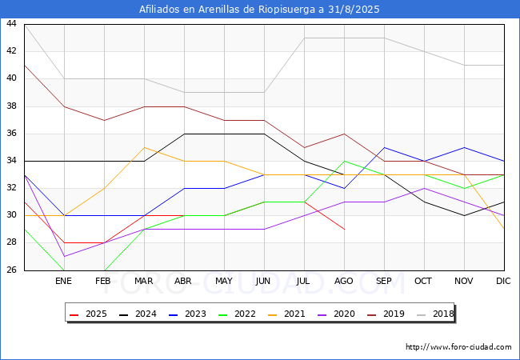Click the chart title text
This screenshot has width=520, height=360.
coord(259,10)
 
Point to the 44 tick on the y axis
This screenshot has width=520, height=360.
coord(11,24)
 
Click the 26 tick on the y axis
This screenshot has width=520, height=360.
coord(11,270)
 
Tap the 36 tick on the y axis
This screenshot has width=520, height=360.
coord(11,134)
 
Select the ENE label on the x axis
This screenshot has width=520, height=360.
coord(64,282)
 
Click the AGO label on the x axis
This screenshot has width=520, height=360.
coord(344,282)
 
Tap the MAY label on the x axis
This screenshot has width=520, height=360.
coord(224,282)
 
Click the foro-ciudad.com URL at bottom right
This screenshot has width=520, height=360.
coord(458,347)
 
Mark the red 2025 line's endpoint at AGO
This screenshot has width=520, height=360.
coord(344,229)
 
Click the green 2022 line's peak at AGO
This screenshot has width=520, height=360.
coord(344,161)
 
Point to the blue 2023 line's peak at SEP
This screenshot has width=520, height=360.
coord(384,147)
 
